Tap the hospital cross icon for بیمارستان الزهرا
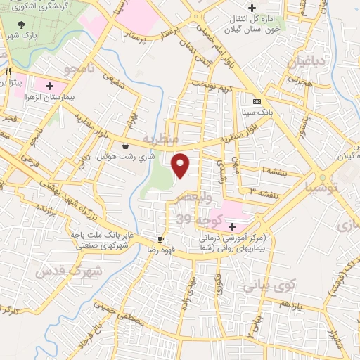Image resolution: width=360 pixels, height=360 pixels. pyautogui.click(x=50, y=86)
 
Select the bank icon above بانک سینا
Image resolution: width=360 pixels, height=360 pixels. pyautogui.click(x=257, y=101)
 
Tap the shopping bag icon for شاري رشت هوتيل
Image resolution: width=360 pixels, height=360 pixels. pyautogui.click(x=125, y=146)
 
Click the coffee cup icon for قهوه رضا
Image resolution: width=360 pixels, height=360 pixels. pyautogui.click(x=161, y=239)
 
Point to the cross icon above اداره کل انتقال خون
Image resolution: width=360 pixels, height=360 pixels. pyautogui.click(x=251, y=8)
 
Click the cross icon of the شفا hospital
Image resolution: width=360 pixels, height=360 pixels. pyautogui.click(x=231, y=226)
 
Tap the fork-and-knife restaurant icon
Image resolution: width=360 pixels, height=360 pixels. pyautogui.click(x=8, y=72)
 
